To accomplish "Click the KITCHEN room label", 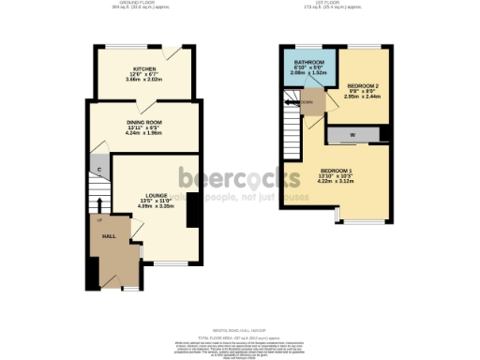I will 143,68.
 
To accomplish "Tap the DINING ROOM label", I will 144,121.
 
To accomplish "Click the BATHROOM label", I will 304,60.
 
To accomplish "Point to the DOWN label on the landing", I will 308,104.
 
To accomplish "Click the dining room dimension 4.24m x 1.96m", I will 144,132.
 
